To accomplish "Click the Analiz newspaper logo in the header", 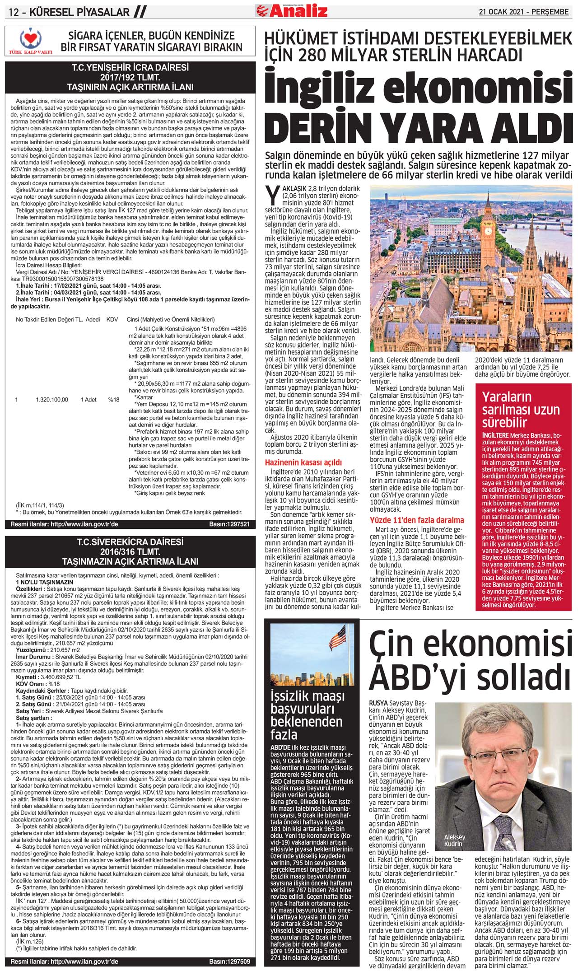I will click(292, 9).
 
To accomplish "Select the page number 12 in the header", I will click(14, 12).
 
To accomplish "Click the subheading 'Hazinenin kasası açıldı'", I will click(303, 462).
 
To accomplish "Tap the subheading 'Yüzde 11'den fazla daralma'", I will click(417, 520).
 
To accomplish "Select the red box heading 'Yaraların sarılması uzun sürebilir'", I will click(520, 409).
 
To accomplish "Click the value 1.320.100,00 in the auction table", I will click(52, 399).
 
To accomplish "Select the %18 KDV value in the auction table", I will click(113, 399).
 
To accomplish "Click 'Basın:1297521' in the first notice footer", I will click(229, 524).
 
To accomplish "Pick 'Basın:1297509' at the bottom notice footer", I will click(229, 961).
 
